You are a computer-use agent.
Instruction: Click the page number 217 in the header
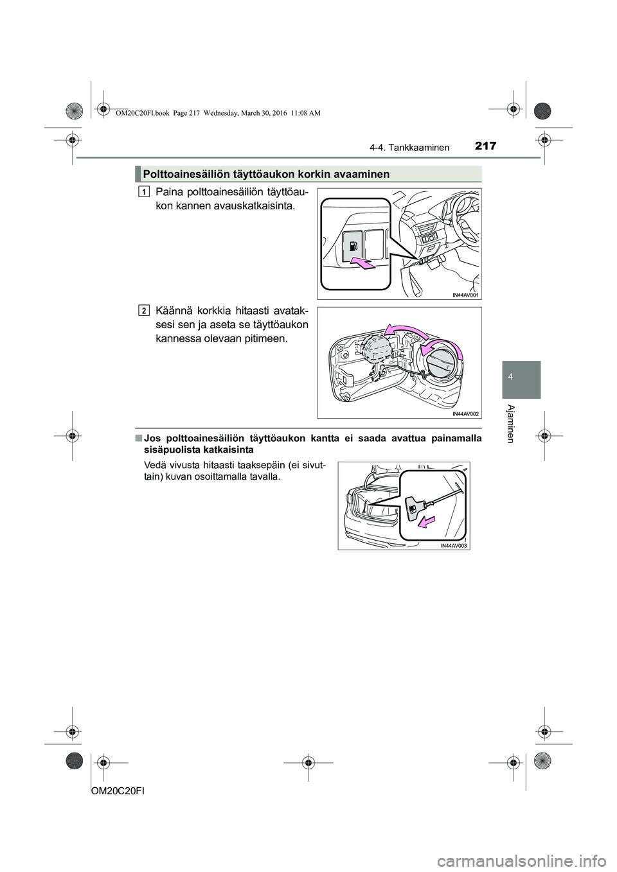(x=486, y=146)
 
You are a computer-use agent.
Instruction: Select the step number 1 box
(x=144, y=191)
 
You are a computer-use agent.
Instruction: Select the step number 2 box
(x=144, y=310)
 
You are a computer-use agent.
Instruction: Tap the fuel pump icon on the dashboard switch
(x=354, y=247)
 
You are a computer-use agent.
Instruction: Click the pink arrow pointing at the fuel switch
(x=363, y=264)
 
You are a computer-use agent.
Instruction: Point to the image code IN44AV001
(x=465, y=295)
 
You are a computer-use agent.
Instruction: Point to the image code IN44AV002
(x=465, y=414)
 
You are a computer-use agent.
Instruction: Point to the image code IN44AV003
(x=454, y=546)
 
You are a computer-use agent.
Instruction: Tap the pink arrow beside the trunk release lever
(x=427, y=523)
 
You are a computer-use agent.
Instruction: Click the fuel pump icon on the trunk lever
(x=412, y=508)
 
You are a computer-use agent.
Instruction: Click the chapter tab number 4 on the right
(x=521, y=377)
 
